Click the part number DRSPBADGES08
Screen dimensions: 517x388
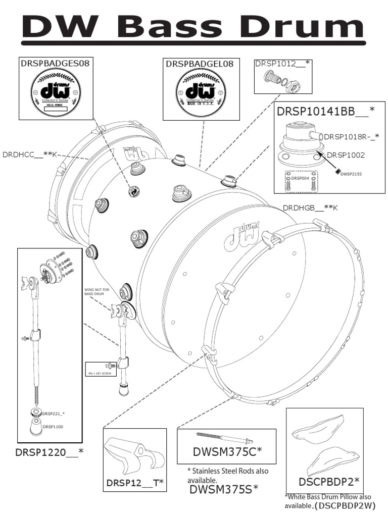pos(56,63)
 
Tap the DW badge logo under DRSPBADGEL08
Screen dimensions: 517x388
pos(201,91)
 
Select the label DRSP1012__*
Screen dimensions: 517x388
pos(283,64)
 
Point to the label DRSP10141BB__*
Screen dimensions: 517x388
pos(325,111)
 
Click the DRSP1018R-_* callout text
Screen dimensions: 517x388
pos(351,137)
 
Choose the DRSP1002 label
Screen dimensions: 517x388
pos(346,155)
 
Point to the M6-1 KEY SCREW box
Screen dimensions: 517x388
pos(101,369)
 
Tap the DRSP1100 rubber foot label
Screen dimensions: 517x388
pos(53,427)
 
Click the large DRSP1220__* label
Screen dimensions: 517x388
pos(49,452)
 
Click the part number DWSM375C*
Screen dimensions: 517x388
pos(227,451)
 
